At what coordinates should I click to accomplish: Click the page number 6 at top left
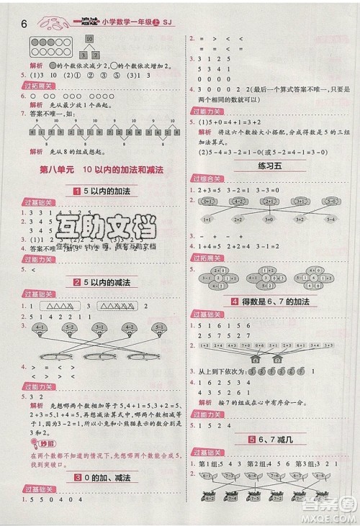click(24, 22)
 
